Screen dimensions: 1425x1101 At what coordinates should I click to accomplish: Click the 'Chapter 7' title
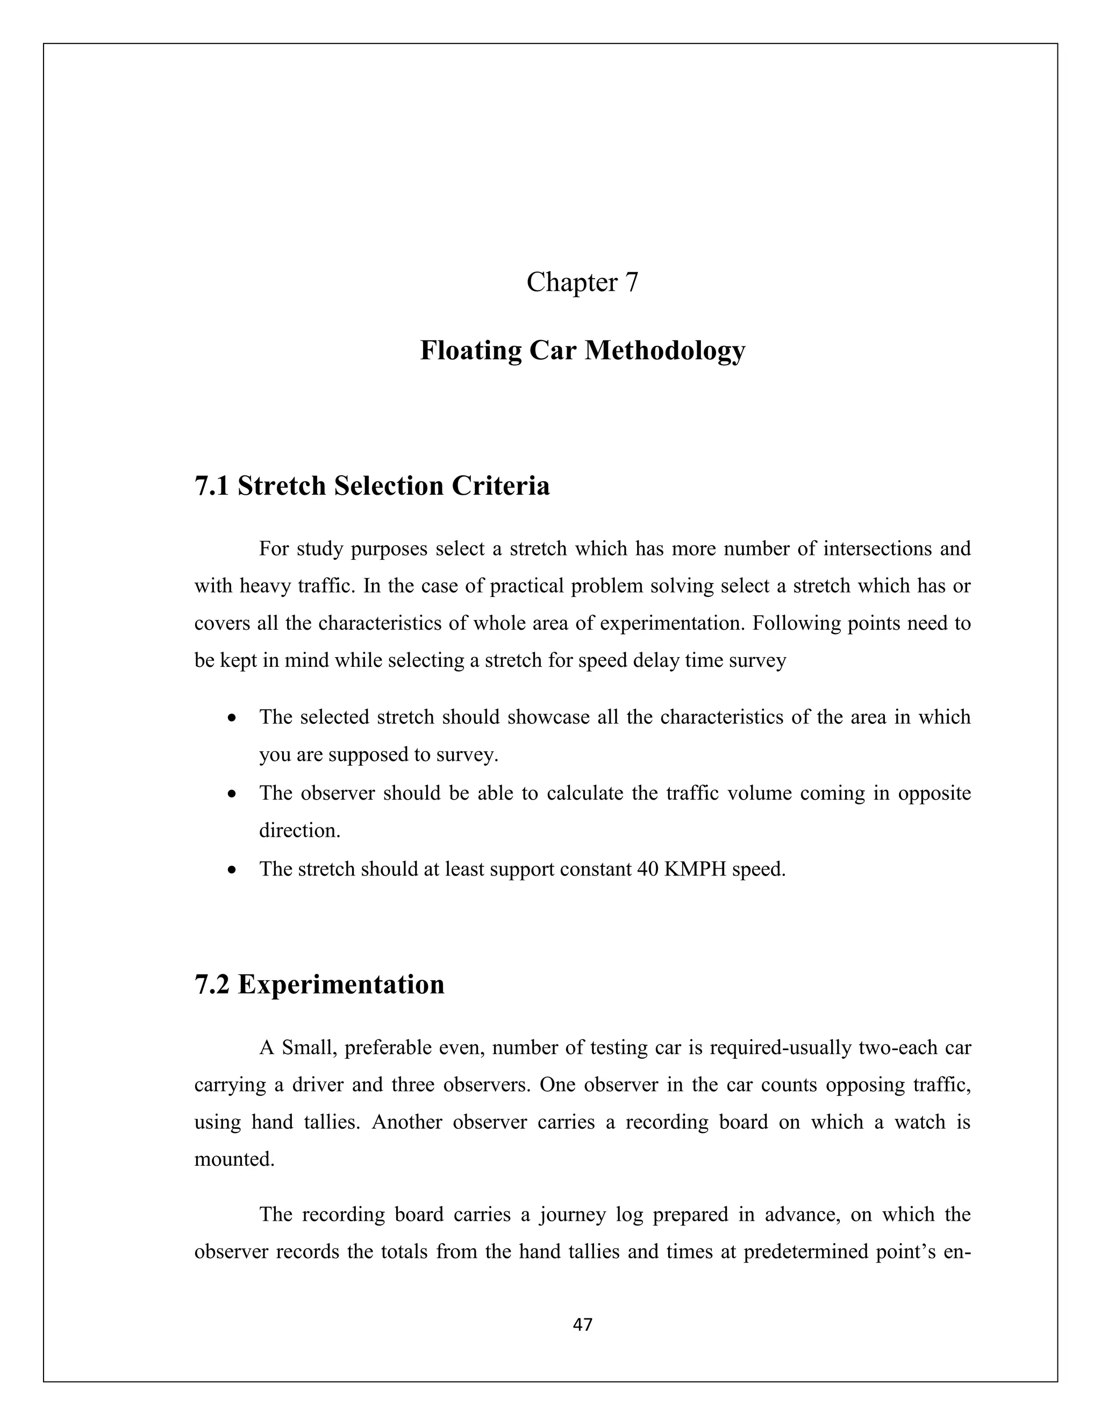click(582, 282)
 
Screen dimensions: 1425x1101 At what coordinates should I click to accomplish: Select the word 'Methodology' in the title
click(664, 351)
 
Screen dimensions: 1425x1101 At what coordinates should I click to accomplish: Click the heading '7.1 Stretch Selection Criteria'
click(372, 486)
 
